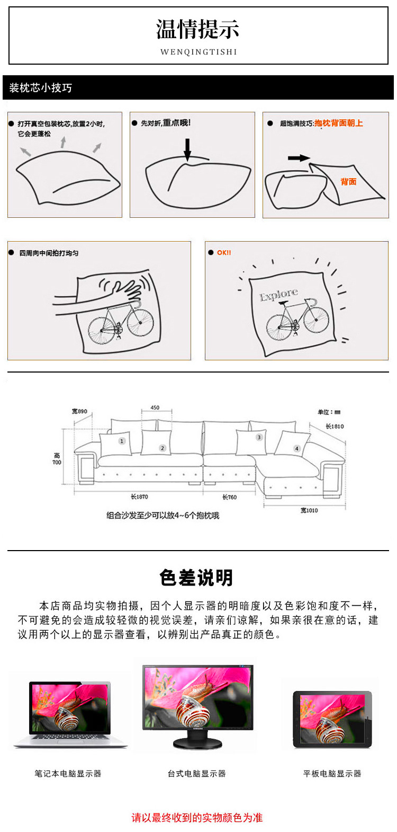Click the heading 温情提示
click(198, 30)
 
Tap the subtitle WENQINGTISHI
click(198, 52)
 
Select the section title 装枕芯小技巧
click(40, 88)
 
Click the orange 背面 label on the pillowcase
click(348, 182)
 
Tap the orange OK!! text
click(224, 253)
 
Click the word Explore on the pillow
click(278, 295)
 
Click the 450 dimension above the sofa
click(155, 408)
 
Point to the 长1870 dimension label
click(140, 497)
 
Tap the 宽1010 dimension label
click(309, 510)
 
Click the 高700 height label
click(57, 459)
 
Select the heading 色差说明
click(196, 578)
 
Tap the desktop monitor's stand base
click(197, 744)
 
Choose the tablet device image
click(332, 719)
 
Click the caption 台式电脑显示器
click(197, 774)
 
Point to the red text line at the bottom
click(197, 818)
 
